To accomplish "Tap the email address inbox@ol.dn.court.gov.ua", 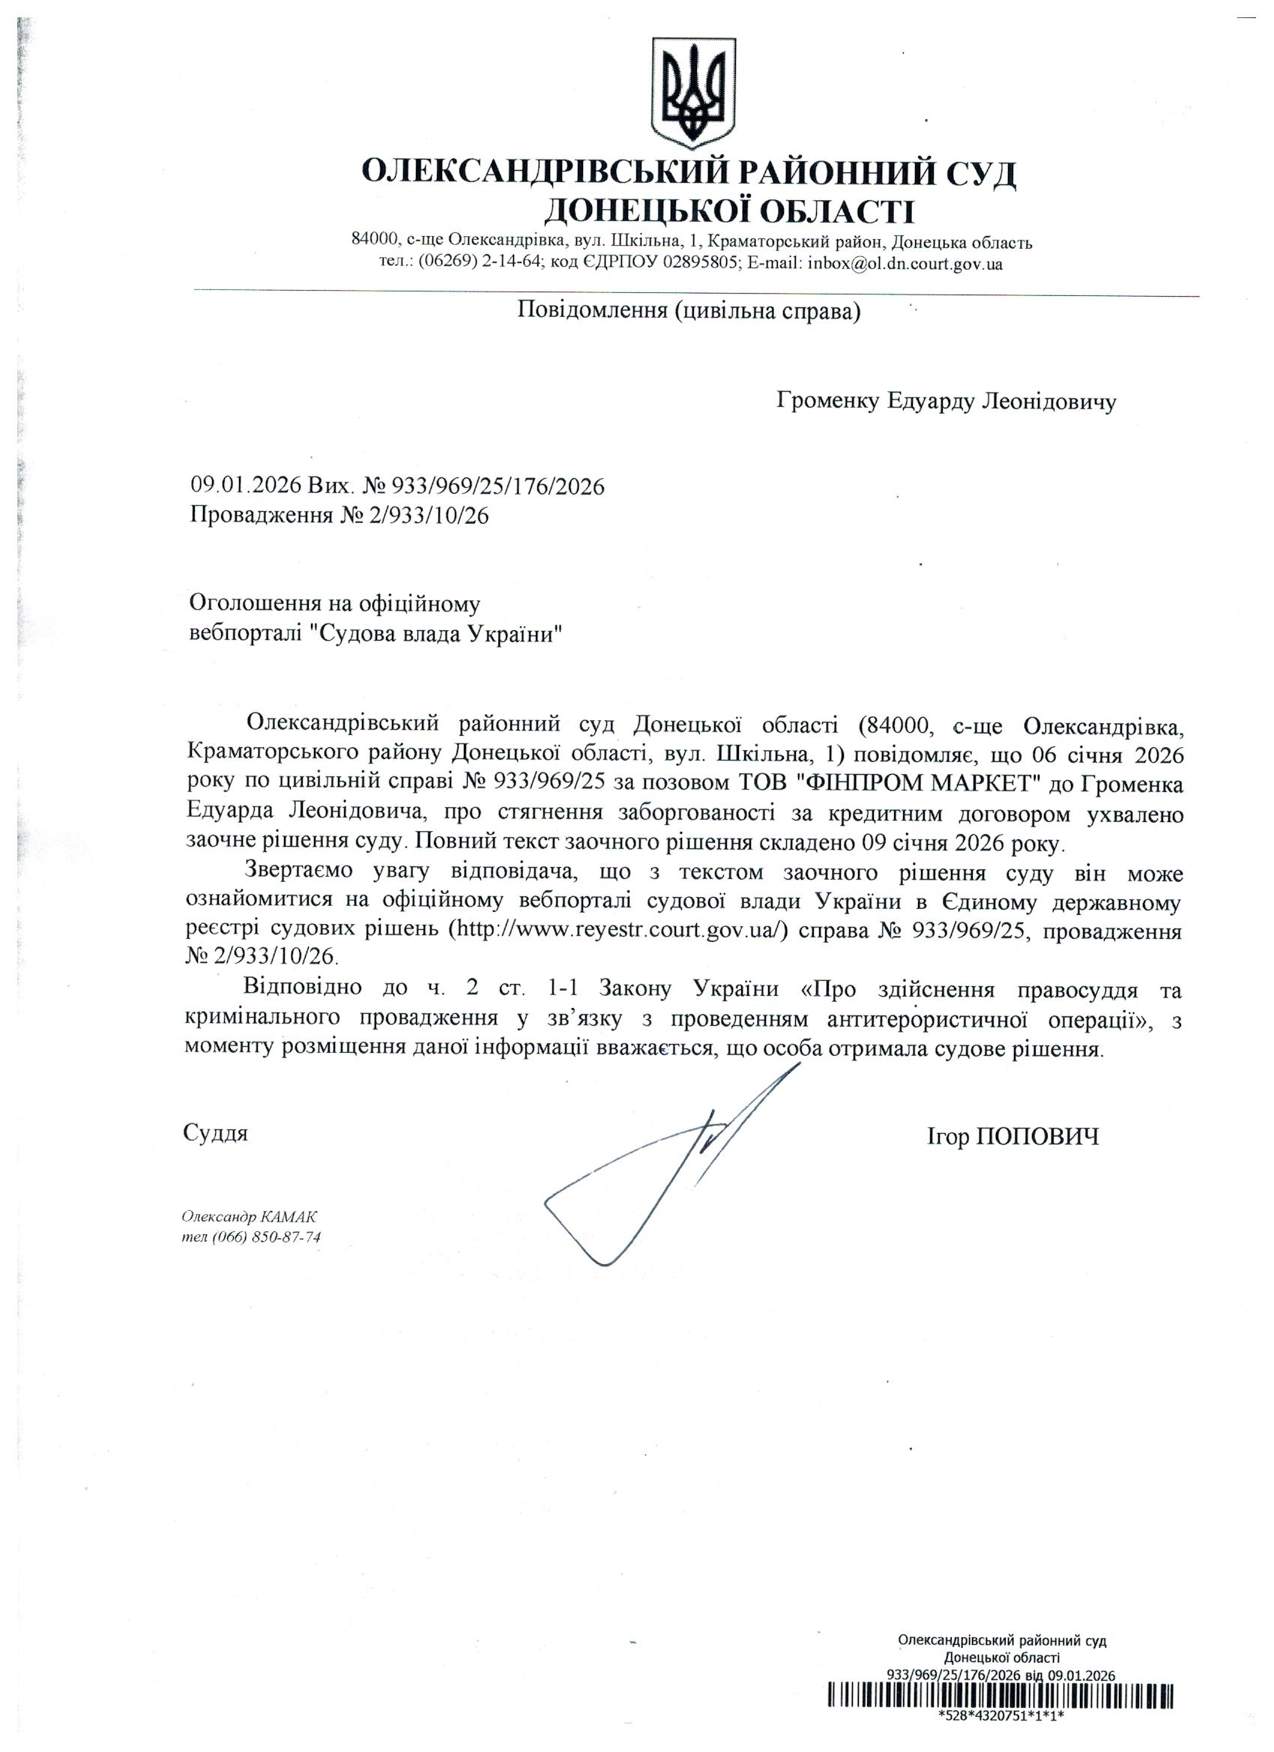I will point(905,264).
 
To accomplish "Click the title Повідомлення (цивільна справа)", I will point(689,311).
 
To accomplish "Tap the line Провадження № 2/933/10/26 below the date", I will point(340,516).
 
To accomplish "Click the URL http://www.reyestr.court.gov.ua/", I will point(618,930).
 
